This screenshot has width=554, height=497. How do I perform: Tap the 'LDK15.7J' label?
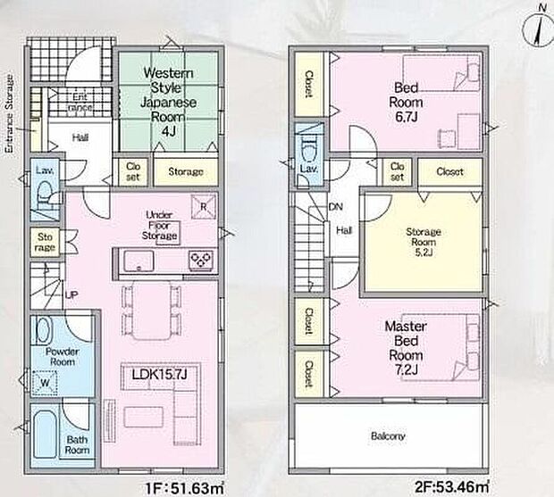(x=159, y=375)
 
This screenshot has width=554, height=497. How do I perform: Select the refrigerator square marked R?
(x=203, y=207)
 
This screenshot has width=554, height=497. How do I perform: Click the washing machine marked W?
(x=45, y=383)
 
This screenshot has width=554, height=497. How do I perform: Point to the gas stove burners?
(x=201, y=261)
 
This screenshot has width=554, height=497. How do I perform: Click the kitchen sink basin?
(x=138, y=261)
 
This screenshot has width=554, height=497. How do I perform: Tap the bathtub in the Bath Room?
(x=46, y=436)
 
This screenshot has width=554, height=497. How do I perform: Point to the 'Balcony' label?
(x=388, y=436)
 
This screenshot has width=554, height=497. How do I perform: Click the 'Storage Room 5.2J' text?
(x=424, y=242)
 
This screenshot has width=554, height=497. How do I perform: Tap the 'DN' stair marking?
(x=336, y=207)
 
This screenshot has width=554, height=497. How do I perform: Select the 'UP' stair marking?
(x=71, y=294)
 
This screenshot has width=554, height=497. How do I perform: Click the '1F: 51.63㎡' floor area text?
(x=185, y=489)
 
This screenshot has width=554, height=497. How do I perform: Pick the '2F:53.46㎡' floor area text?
(x=452, y=487)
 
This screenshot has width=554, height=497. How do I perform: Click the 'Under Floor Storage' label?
(x=159, y=225)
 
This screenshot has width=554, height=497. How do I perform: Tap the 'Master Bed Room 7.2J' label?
(x=406, y=348)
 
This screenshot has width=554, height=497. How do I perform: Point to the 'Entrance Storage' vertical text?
(x=9, y=113)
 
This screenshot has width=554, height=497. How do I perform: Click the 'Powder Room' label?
(x=63, y=357)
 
